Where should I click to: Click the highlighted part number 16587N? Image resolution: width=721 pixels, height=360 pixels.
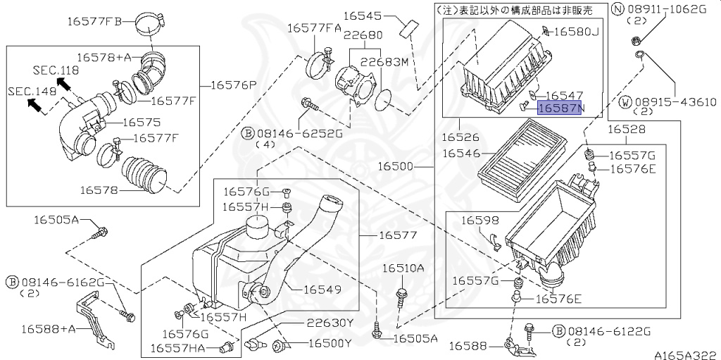pos(561,108)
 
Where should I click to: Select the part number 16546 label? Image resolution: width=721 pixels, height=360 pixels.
pos(460,152)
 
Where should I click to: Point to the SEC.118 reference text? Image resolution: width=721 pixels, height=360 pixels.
pos(56,70)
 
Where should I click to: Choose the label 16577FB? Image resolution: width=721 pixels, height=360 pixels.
pos(94,21)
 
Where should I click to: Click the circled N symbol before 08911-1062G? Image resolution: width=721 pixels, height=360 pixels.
pos(617,9)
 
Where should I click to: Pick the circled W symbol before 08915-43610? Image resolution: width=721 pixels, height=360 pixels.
pos(625,102)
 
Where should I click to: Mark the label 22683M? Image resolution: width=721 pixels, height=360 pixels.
pos(385,62)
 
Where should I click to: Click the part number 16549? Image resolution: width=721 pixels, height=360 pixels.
pos(322,289)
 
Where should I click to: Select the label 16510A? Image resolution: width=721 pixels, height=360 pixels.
pos(403,268)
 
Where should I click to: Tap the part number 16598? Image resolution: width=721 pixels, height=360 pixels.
pos(480,221)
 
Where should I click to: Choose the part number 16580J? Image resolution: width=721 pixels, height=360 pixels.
pos(575,31)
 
